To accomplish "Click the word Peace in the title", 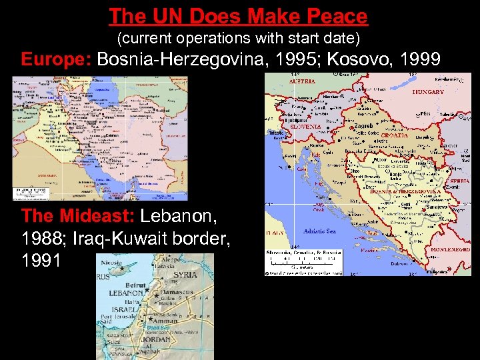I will [335, 15].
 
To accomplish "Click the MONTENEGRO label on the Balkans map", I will [449, 249].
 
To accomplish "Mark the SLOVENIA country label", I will [305, 126].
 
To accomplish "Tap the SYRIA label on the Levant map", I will [185, 275].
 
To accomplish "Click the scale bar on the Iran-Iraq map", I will [31, 193].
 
